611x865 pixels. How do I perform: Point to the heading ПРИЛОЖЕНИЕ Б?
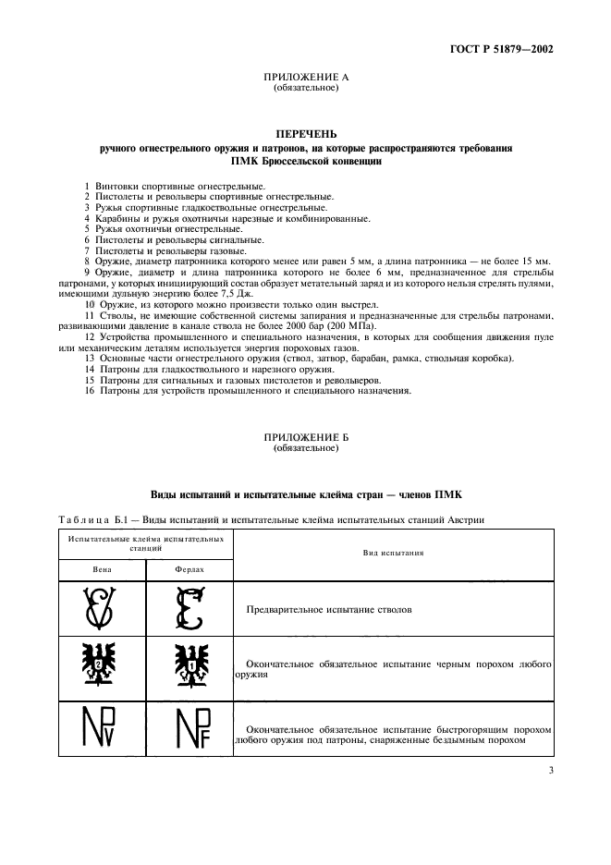(x=306, y=438)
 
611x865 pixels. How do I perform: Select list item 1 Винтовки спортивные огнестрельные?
(x=162, y=188)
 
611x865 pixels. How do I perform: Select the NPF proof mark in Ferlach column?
(x=190, y=730)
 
